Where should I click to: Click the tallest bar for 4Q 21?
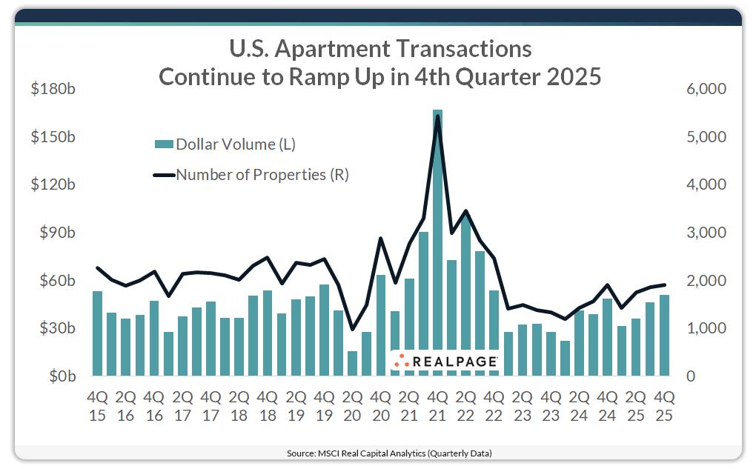tap(437, 245)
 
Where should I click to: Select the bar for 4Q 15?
tap(97, 333)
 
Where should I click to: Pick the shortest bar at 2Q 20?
tap(353, 363)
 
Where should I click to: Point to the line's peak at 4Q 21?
tap(437, 116)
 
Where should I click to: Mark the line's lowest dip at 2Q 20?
tap(353, 330)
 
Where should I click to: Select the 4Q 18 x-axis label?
tap(267, 406)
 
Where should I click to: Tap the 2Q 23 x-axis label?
tap(523, 406)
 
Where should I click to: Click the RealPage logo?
tap(445, 361)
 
